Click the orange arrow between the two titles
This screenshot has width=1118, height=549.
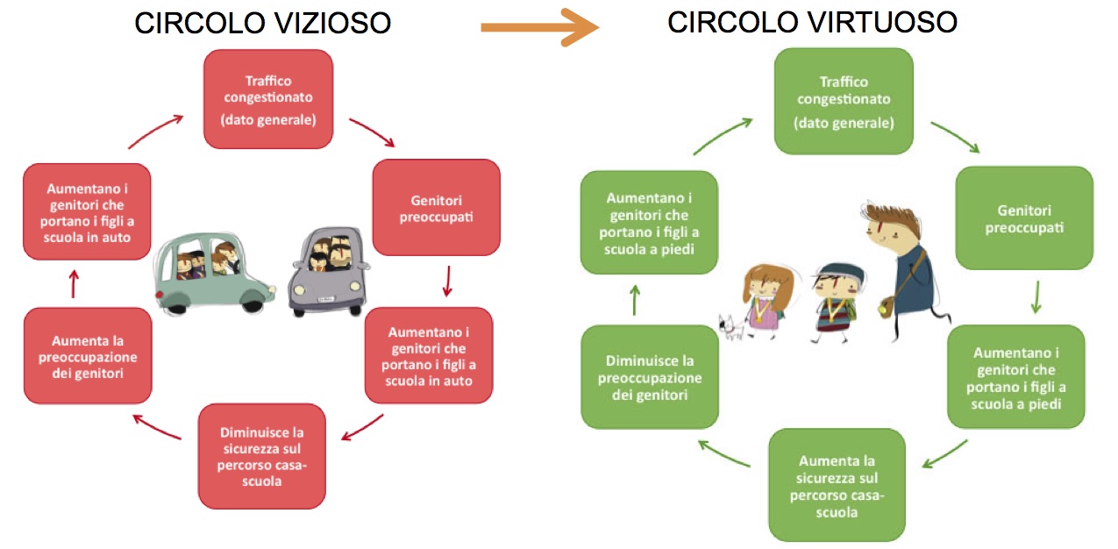tap(538, 27)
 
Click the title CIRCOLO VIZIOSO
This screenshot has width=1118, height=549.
tap(262, 23)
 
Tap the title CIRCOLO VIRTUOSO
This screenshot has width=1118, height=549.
tap(812, 23)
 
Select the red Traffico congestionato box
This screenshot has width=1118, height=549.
tap(268, 99)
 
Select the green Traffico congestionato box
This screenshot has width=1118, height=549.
tap(844, 101)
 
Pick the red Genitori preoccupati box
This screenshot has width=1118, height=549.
tap(436, 207)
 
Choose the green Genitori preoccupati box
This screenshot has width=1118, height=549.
tap(1023, 217)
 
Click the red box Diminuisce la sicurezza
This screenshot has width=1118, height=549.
tap(262, 456)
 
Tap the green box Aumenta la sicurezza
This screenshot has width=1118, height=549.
tap(837, 484)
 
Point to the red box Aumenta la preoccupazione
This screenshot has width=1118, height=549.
tap(88, 355)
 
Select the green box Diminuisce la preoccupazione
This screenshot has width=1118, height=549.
tap(650, 377)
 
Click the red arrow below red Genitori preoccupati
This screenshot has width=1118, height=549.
tap(447, 281)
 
